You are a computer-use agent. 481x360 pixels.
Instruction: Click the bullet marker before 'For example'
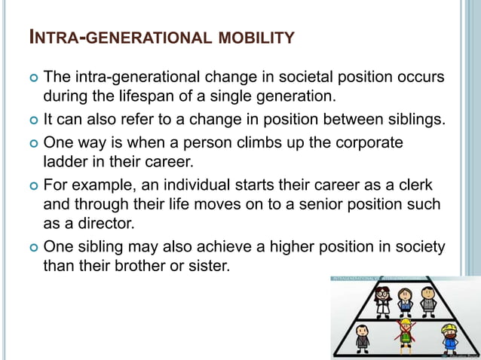pos(30,185)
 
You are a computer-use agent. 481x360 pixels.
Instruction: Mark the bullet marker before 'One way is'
pos(30,143)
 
